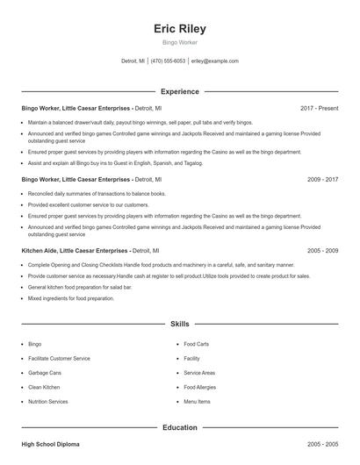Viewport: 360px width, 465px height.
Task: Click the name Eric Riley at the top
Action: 179,28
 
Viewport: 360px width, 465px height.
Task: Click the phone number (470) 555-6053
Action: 168,61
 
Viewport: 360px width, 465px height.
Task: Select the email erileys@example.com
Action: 215,61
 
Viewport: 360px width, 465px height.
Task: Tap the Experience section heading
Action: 179,91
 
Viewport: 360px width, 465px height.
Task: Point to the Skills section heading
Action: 179,325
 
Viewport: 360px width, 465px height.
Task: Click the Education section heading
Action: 179,427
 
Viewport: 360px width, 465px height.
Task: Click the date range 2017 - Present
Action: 319,108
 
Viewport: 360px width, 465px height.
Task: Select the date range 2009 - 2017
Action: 322,179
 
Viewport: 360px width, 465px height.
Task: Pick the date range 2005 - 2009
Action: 322,250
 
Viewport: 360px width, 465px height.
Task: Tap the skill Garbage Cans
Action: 45,373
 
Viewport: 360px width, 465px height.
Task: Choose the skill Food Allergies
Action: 201,387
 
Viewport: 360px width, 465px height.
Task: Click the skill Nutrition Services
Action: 47,401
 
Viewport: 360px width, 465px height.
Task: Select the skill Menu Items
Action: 197,401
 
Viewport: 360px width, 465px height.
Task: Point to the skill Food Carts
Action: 196,344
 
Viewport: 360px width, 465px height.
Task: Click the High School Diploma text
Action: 50,445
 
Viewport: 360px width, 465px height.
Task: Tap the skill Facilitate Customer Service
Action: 59,358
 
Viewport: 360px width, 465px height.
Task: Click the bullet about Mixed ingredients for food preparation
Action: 71,298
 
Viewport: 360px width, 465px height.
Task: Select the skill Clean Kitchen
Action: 44,387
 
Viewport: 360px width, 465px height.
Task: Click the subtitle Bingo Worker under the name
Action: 179,42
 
